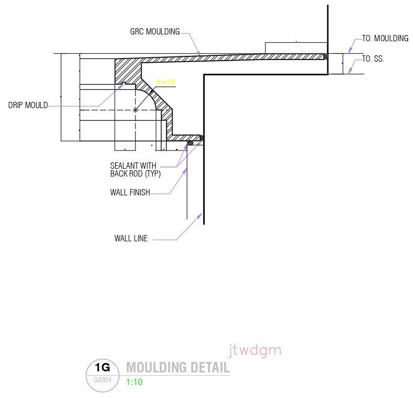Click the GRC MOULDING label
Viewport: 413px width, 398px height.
coord(154,32)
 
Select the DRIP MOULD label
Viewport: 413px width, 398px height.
coord(28,106)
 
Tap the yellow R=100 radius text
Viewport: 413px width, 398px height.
coord(166,82)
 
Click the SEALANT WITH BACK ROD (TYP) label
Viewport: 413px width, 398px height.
coord(135,170)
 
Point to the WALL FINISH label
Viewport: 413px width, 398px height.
coord(130,193)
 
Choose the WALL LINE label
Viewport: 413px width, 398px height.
coord(131,239)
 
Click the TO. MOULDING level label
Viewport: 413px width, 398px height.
coord(385,39)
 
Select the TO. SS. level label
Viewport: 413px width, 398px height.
coord(373,59)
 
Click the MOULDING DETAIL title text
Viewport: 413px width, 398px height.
coord(177,367)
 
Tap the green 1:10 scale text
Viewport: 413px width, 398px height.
coord(135,382)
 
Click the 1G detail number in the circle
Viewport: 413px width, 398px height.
coord(103,368)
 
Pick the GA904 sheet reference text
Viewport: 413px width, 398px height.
coord(103,380)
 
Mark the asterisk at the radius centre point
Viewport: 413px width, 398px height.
coord(136,110)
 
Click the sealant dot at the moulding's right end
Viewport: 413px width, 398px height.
coord(325,56)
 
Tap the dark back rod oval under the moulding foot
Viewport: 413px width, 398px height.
coord(191,143)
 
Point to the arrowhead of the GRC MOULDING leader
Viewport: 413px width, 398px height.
coord(200,54)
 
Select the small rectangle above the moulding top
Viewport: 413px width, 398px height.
coord(296,47)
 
